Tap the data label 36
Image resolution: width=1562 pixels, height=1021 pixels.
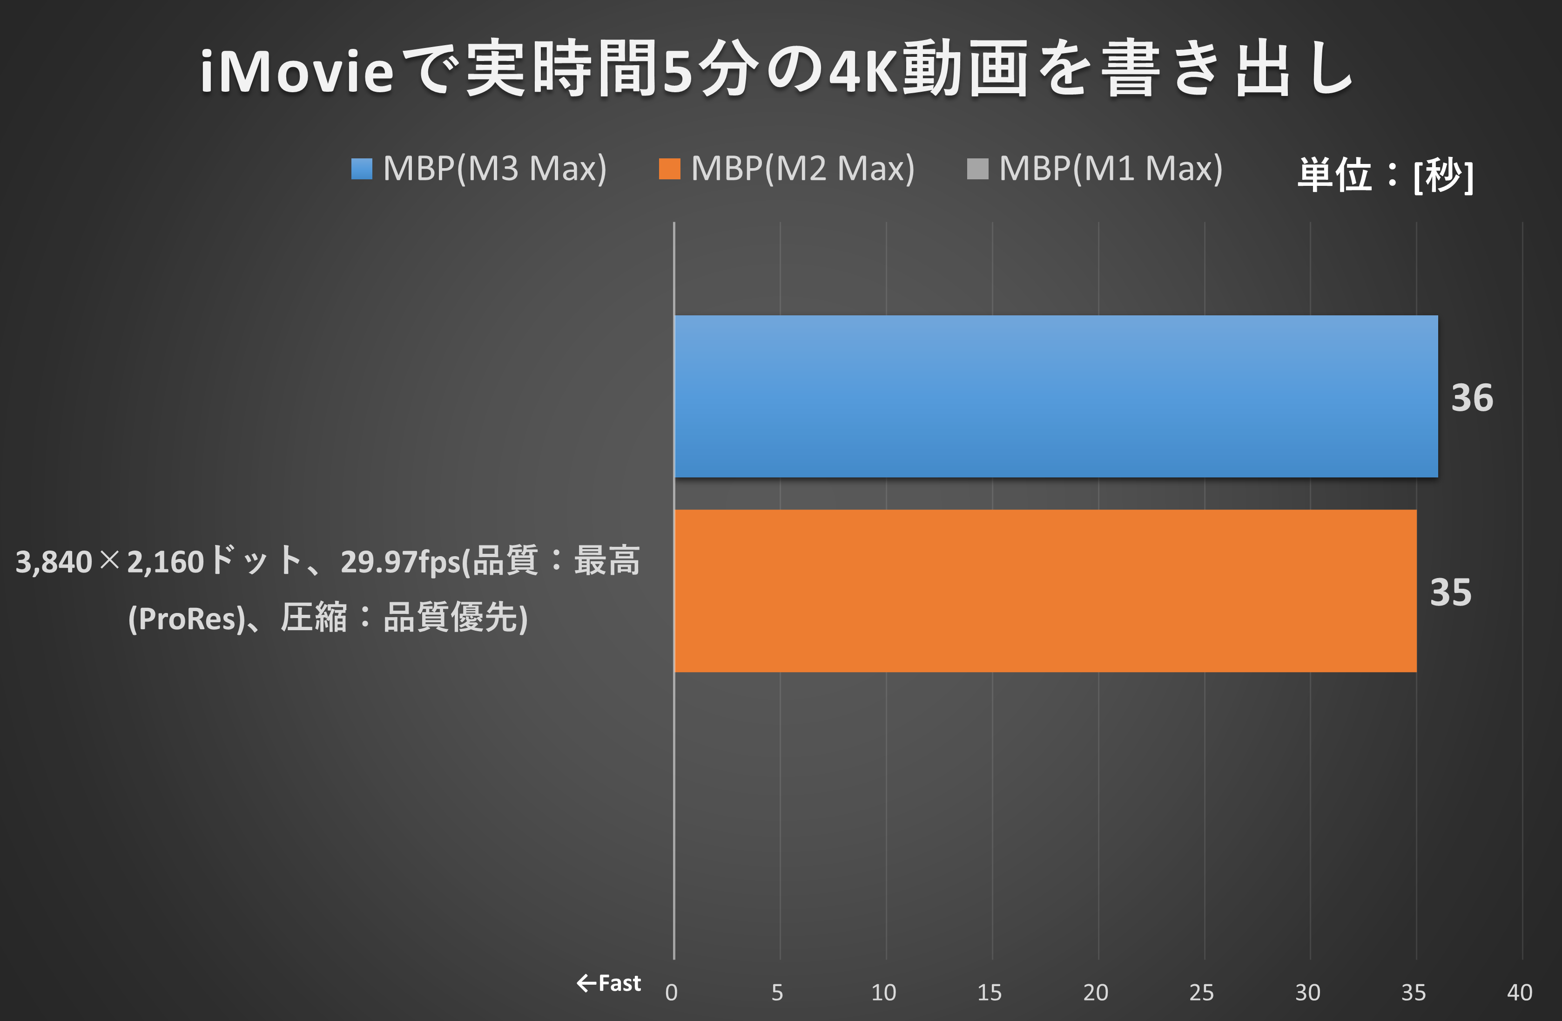click(x=1471, y=398)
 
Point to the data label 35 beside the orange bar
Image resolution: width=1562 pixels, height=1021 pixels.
click(x=1450, y=592)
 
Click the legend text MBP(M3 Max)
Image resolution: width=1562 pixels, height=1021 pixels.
click(x=494, y=169)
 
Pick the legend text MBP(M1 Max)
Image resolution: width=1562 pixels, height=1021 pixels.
click(x=1111, y=169)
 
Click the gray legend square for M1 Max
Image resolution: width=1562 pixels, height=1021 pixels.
click(x=977, y=169)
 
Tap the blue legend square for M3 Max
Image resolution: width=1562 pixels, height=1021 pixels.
click(x=362, y=169)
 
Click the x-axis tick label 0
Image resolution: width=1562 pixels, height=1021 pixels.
click(x=671, y=992)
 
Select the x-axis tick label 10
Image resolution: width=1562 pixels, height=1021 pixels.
click(x=883, y=992)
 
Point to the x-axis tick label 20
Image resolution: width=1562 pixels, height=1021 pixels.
click(x=1095, y=992)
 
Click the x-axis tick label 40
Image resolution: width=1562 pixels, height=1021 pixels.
click(x=1519, y=992)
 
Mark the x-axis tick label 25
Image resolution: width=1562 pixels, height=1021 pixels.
click(x=1201, y=992)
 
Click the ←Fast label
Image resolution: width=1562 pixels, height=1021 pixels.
click(x=608, y=983)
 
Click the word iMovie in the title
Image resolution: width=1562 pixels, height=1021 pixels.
click(x=296, y=71)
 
